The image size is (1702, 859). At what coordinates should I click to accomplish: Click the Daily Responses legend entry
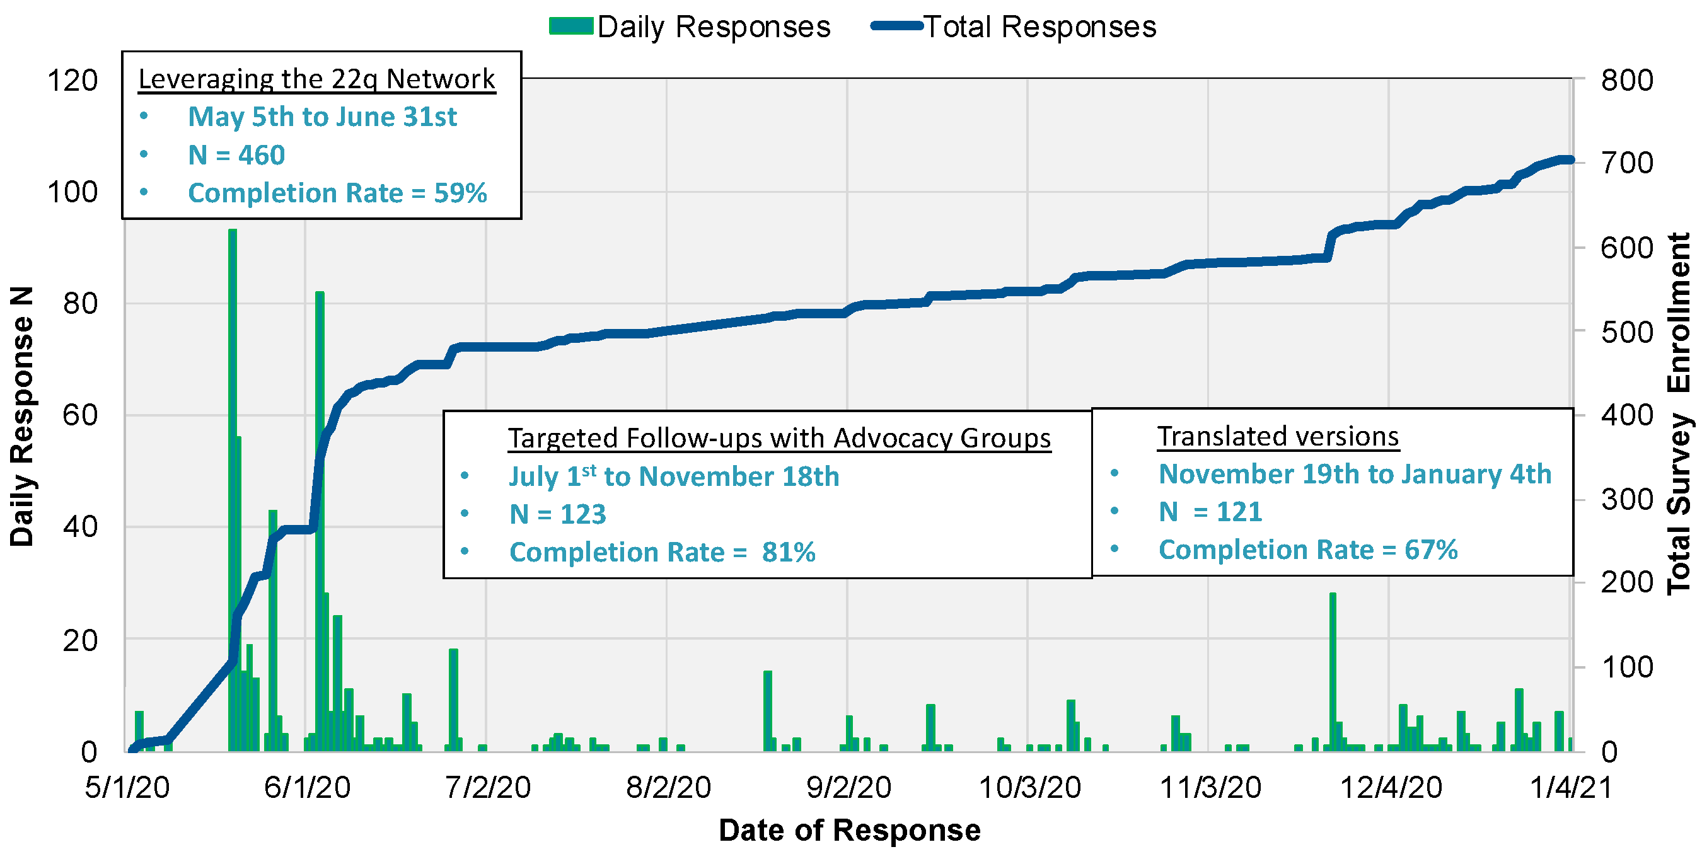(x=690, y=27)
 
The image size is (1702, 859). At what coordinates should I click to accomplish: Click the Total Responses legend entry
(x=1014, y=27)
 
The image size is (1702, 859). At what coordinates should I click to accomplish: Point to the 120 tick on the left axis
(x=72, y=81)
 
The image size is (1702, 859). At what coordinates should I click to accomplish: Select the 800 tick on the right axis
(x=1627, y=81)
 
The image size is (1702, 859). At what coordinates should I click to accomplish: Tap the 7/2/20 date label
(x=488, y=788)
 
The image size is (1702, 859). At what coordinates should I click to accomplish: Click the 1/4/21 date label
(x=1571, y=788)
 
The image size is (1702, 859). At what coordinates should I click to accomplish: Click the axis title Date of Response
(x=850, y=830)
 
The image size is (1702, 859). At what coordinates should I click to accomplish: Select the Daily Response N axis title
(x=22, y=417)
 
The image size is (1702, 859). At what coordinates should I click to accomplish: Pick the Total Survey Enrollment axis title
(x=1678, y=413)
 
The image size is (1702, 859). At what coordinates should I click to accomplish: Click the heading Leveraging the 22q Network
(x=316, y=79)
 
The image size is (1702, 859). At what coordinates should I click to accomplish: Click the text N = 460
(x=236, y=155)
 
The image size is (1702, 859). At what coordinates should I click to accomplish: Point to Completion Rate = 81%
(x=662, y=553)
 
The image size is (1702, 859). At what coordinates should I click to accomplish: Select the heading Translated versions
(x=1278, y=437)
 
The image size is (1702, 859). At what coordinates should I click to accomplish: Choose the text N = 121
(x=1210, y=512)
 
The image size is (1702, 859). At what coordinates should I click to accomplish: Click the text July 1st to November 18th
(x=673, y=476)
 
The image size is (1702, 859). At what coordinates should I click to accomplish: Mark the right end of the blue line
(x=1571, y=160)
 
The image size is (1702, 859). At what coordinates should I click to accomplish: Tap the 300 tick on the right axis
(x=1627, y=500)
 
